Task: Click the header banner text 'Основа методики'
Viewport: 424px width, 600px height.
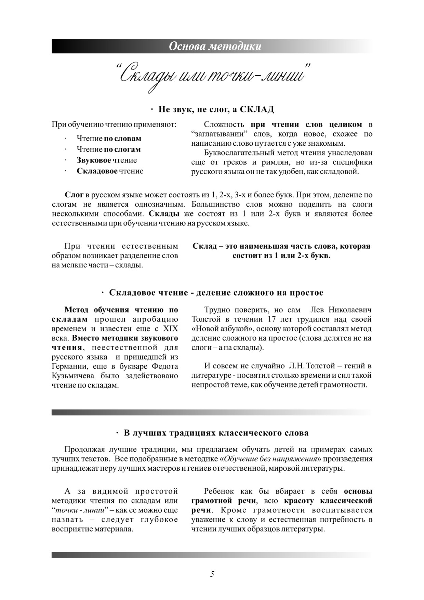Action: click(x=215, y=46)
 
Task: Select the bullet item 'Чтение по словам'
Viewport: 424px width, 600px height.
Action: click(x=109, y=139)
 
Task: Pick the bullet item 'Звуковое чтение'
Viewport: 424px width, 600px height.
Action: click(x=106, y=160)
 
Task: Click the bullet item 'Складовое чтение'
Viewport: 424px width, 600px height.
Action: click(x=110, y=171)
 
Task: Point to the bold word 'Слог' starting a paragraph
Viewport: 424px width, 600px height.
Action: click(x=74, y=195)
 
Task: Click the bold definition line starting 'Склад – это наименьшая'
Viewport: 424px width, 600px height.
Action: click(x=281, y=246)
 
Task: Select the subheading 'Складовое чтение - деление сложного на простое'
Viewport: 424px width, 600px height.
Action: click(x=216, y=293)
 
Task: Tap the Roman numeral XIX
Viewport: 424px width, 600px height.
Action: click(x=170, y=329)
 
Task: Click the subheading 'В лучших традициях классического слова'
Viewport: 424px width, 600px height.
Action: click(x=216, y=433)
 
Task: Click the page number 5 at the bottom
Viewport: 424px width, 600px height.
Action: click(x=212, y=574)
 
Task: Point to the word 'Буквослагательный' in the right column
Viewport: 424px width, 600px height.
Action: click(x=236, y=153)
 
